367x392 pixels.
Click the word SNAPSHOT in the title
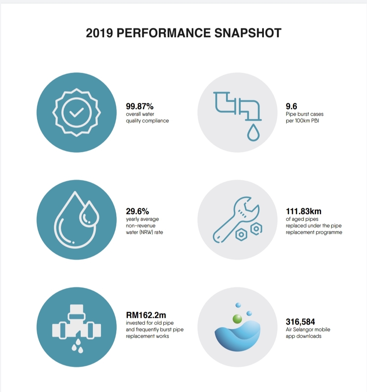click(248, 33)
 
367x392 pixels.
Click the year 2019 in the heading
click(99, 33)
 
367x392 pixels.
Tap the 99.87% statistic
click(139, 106)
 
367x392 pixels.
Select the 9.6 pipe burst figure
click(291, 106)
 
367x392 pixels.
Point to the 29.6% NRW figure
click(137, 211)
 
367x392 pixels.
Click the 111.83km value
click(304, 211)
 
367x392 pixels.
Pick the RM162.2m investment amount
click(146, 315)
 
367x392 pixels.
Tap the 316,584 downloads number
click(300, 322)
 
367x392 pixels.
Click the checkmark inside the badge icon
click(76, 113)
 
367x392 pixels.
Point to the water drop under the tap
click(253, 133)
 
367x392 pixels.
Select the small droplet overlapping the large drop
click(89, 213)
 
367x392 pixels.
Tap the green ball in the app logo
click(237, 319)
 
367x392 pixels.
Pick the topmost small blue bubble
click(238, 305)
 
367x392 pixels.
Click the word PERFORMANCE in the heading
click(164, 33)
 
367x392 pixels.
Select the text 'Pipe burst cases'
click(305, 114)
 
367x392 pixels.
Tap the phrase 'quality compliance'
click(147, 121)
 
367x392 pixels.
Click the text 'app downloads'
click(304, 336)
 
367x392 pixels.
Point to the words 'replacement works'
click(147, 336)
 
